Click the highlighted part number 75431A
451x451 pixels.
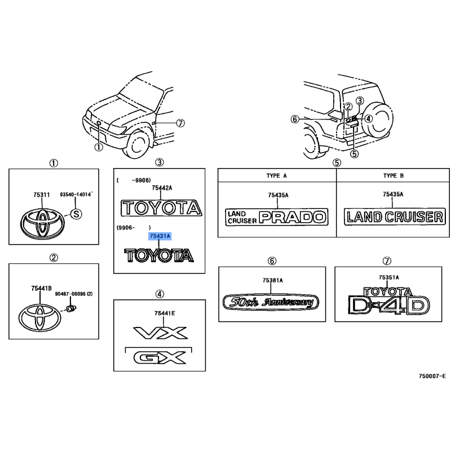point(160,236)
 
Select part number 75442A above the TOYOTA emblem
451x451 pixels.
point(162,188)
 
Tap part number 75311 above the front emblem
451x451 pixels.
point(42,194)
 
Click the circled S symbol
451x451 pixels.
point(76,214)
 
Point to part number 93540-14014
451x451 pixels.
point(76,194)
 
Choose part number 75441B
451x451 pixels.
point(41,288)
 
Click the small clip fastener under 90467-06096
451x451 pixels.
point(71,308)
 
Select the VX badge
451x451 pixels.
point(161,333)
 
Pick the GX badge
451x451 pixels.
point(160,357)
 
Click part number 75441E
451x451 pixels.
point(165,313)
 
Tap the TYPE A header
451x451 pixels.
point(277,176)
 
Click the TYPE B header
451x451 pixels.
point(393,176)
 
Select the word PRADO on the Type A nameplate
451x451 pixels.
point(293,217)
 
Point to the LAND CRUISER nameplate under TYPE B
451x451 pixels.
point(395,216)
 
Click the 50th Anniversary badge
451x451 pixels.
point(271,302)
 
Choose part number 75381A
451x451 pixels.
point(273,280)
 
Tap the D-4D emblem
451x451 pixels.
point(388,305)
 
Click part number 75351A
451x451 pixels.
point(389,277)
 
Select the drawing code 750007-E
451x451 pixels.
point(432,376)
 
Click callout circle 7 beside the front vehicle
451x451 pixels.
point(180,123)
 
